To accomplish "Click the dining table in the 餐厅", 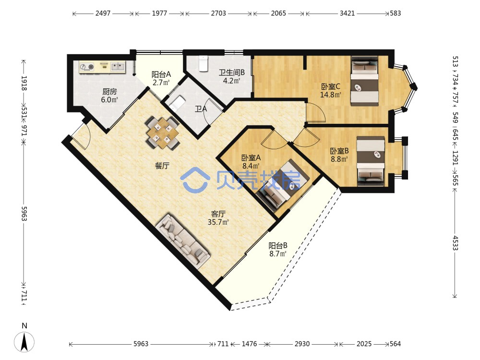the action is [x=162, y=132].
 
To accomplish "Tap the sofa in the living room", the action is [x=183, y=242].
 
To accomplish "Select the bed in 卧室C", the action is [x=365, y=81].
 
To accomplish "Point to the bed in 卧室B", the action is [x=371, y=161].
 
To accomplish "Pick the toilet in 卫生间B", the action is [x=203, y=63].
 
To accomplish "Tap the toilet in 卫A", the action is [x=177, y=103].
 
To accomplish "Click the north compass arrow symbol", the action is [x=24, y=341].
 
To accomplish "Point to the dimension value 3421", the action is [x=347, y=13].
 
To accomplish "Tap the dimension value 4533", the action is [x=455, y=243].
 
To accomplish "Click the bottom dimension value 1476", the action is [x=249, y=344].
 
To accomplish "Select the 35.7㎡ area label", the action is [x=218, y=222].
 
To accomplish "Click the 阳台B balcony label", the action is [x=277, y=245].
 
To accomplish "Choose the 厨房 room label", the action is [x=109, y=91].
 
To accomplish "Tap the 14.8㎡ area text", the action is [x=331, y=95].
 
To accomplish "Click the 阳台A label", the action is [x=161, y=74].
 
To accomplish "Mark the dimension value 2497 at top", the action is [x=103, y=13].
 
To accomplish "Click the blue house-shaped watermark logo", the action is [x=195, y=181].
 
